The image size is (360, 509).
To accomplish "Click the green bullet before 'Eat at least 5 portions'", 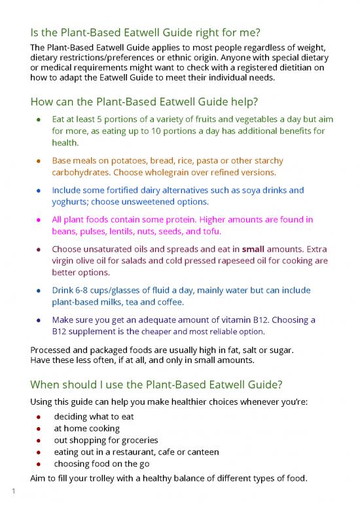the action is click(x=40, y=120).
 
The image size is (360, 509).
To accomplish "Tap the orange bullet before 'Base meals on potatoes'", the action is click(x=40, y=160).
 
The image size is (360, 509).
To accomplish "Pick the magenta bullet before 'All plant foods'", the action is click(x=40, y=219).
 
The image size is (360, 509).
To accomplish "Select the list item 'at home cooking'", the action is click(x=86, y=428).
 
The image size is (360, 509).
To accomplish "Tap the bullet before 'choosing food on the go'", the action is click(x=40, y=464).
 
